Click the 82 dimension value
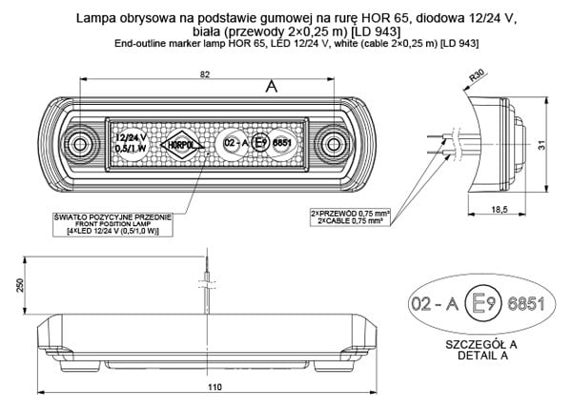click(153, 75)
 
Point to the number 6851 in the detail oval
click(525, 304)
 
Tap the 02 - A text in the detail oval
click(430, 304)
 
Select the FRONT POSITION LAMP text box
click(112, 225)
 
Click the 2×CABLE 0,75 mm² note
click(350, 220)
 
